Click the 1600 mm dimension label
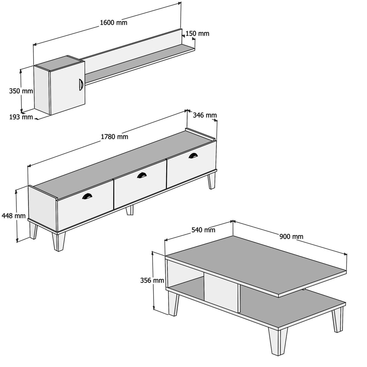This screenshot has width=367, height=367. tap(113, 23)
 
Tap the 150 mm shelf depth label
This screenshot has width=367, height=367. tap(197, 34)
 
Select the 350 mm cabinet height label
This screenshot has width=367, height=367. tap(21, 91)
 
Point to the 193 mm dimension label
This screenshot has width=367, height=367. tap(21, 117)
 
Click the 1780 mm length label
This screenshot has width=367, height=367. tap(114, 137)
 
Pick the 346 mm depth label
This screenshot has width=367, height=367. tap(205, 115)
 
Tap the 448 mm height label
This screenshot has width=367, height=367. tap(13, 216)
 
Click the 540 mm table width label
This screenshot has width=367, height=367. tap(203, 230)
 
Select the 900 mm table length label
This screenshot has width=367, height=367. tap(291, 236)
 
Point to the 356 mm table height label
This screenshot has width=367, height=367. tap(152, 280)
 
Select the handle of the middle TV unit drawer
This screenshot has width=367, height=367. tap(141, 175)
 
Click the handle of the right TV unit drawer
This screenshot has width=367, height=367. tap(192, 155)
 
